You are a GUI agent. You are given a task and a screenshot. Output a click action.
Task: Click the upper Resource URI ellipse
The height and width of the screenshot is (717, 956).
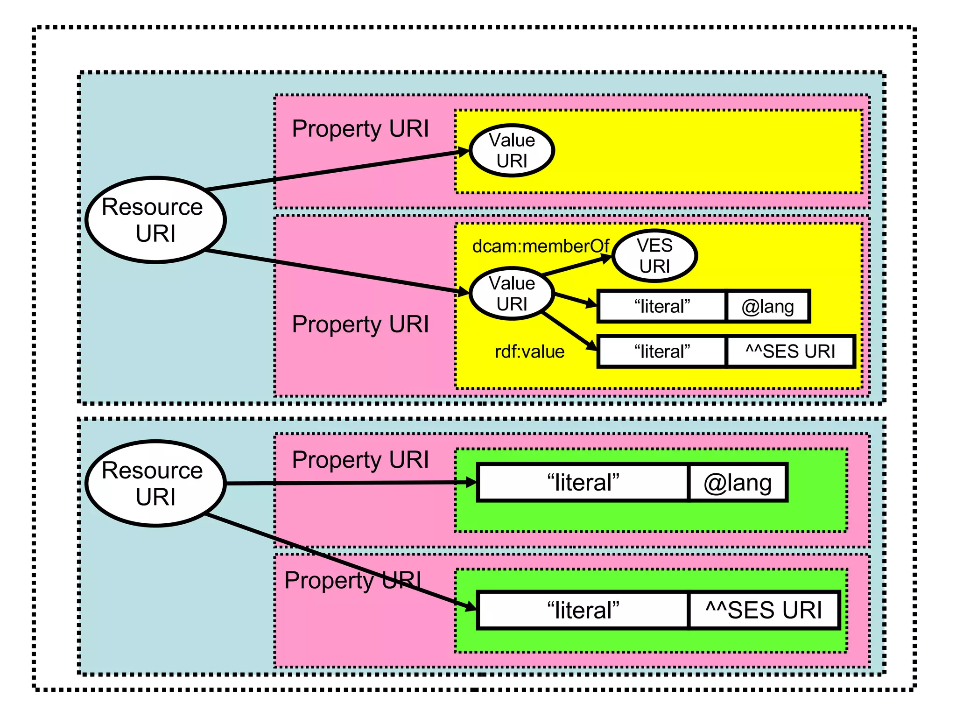[156, 220]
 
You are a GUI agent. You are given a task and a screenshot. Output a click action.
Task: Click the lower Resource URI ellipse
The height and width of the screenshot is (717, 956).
[156, 484]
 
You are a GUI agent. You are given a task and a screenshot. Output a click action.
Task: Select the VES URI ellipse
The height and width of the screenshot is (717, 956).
[654, 256]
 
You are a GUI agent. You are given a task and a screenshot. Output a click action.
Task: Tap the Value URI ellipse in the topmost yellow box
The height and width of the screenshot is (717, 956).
[512, 150]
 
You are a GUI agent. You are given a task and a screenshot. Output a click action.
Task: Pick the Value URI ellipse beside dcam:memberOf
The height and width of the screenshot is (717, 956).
[512, 294]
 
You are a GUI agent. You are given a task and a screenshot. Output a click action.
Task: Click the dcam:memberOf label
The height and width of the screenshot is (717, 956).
[541, 246]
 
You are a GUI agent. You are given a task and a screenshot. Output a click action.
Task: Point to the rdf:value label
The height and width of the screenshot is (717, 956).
[529, 351]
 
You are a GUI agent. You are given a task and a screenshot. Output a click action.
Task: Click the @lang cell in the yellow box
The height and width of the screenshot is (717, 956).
[767, 307]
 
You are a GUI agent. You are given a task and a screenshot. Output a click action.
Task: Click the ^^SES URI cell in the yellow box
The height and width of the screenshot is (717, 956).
[790, 351]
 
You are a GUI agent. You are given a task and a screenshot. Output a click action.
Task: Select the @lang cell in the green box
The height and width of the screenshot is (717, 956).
[738, 483]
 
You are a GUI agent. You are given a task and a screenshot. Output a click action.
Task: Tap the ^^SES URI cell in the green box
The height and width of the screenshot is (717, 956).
[764, 610]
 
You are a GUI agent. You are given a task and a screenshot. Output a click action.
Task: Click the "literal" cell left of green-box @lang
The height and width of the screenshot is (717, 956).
[583, 483]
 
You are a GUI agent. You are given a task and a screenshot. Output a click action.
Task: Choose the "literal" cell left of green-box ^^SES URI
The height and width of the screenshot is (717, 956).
[583, 610]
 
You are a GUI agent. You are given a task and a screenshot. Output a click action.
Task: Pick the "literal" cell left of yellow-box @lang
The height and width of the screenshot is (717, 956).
[662, 307]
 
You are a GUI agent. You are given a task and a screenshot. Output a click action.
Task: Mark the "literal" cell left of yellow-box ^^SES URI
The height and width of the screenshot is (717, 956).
[662, 351]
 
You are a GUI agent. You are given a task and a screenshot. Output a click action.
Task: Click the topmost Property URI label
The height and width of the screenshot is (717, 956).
[360, 129]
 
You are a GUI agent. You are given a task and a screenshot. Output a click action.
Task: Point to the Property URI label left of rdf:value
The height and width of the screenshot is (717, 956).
[360, 324]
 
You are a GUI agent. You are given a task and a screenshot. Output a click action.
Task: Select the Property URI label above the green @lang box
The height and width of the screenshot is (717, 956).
[360, 460]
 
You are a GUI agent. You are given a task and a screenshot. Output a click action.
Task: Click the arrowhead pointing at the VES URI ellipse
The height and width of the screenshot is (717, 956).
[607, 258]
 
